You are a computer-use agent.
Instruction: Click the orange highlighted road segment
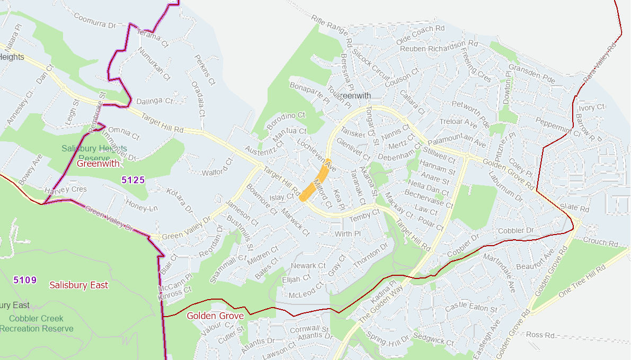(x=315, y=181)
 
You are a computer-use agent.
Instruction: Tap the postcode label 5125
(x=133, y=180)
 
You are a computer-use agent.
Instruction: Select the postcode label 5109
(x=25, y=280)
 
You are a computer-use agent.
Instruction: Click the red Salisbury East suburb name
(x=79, y=285)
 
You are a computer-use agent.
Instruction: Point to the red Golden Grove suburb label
(x=215, y=316)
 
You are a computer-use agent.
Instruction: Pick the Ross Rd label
(x=541, y=335)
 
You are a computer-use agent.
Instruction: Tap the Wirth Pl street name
(x=348, y=233)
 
